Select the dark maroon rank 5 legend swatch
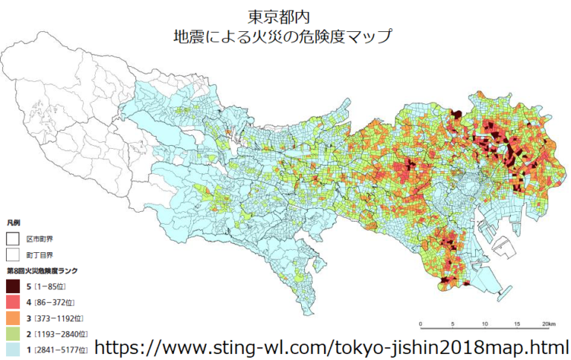pos(13,286)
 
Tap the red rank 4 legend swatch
pos(13,302)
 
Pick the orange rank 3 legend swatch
pos(13,318)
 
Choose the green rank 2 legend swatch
pos(13,334)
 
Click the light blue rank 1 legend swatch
pos(13,350)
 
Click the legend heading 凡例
pos(13,222)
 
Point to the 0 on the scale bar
pos(421,324)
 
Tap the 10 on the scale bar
pos(484,324)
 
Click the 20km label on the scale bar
pos(548,324)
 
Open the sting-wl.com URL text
pos(332,347)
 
